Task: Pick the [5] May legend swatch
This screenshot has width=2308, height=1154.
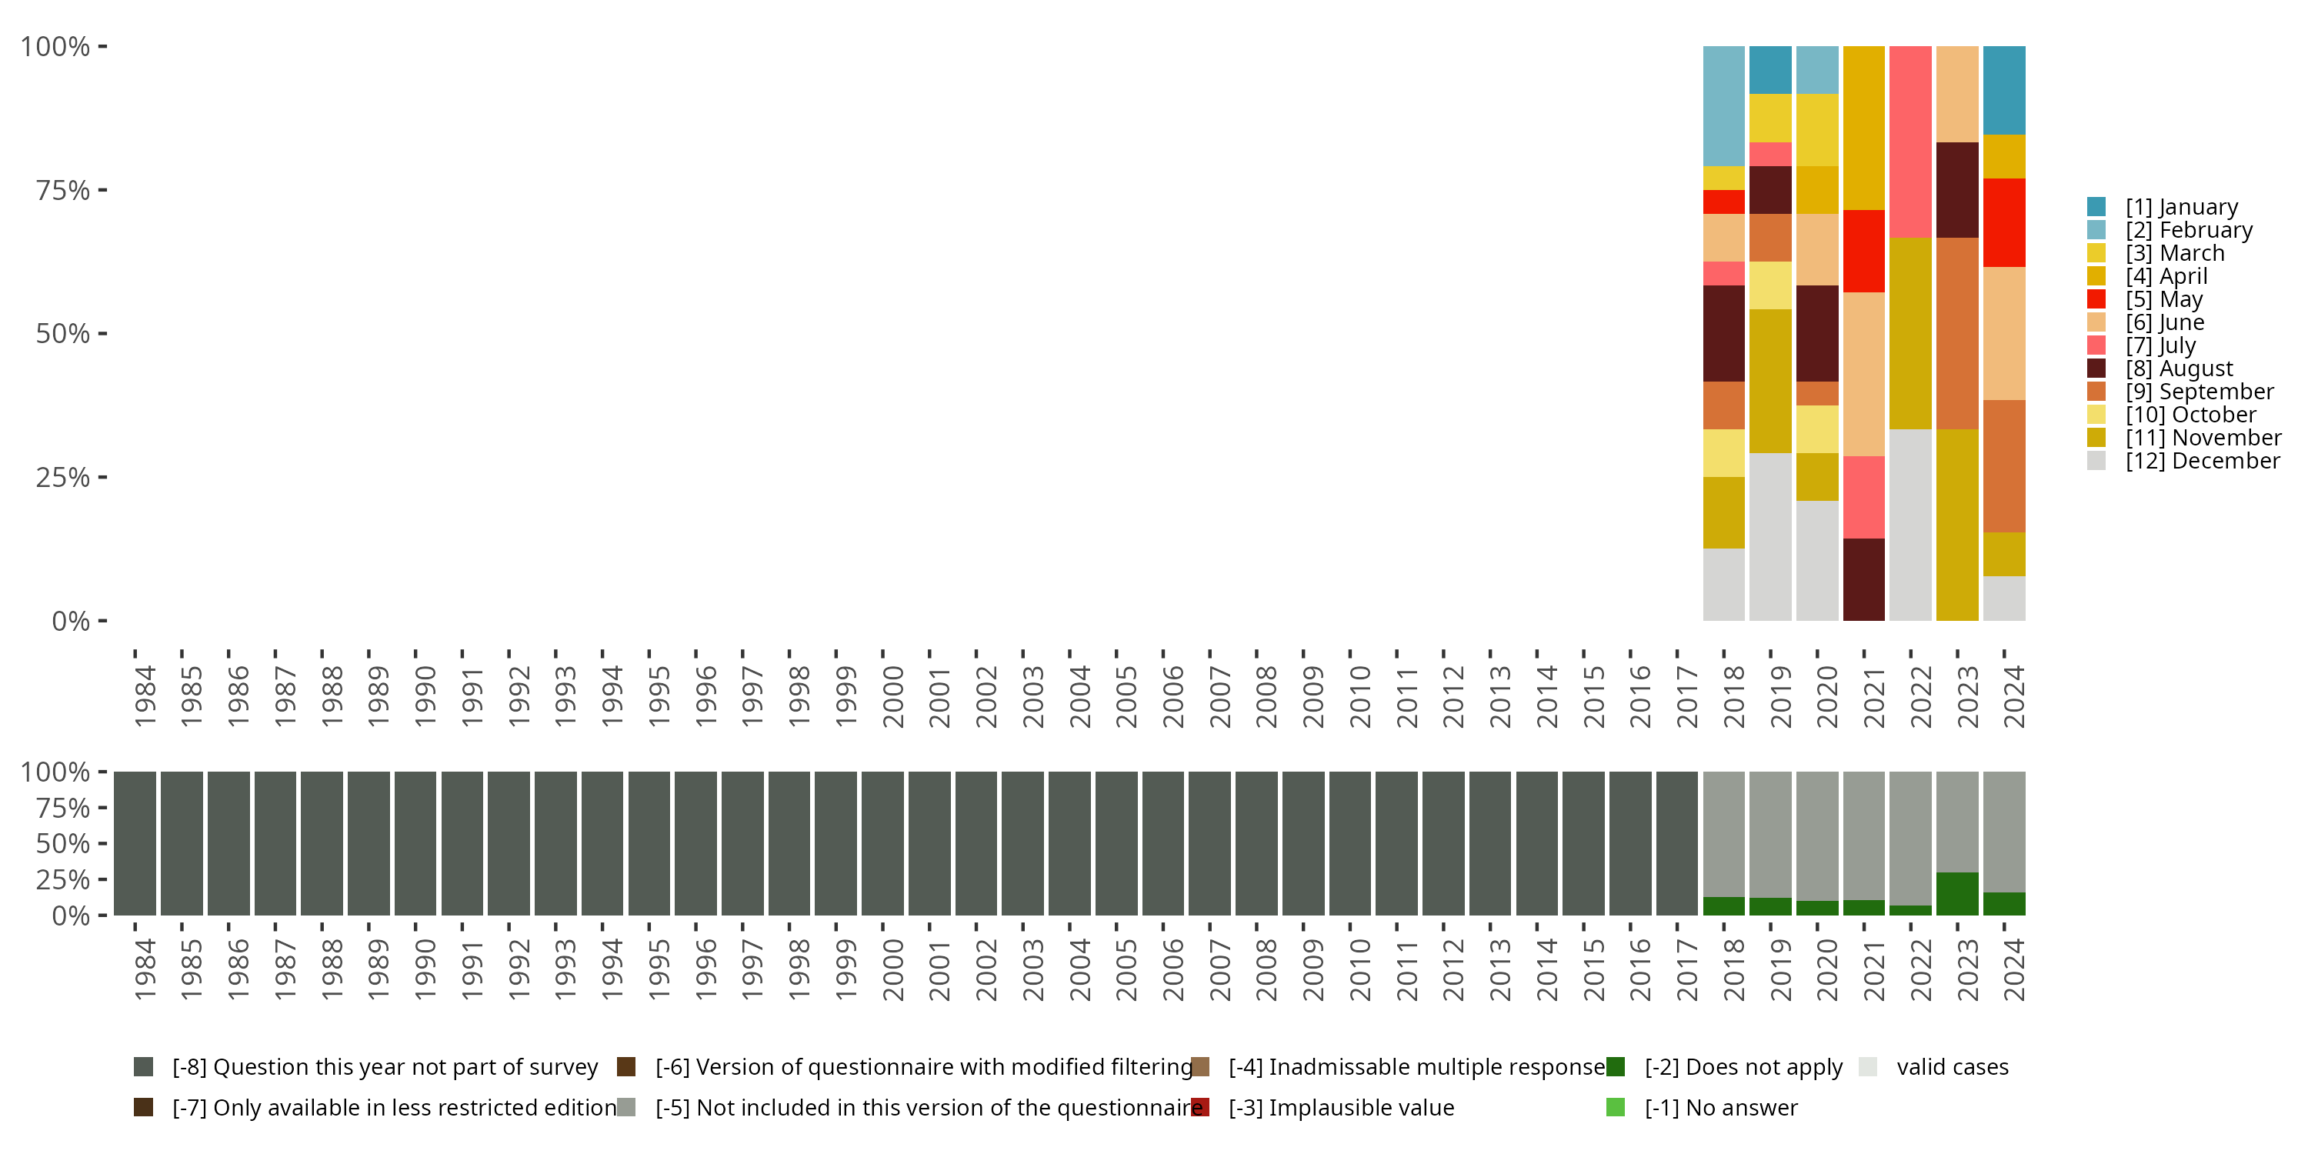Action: (x=2096, y=299)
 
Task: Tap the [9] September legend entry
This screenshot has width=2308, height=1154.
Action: (x=2199, y=392)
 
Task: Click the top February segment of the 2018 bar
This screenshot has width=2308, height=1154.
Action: (x=1723, y=105)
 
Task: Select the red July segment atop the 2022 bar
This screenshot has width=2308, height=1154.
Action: (x=1910, y=142)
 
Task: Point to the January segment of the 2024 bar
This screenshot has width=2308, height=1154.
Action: (x=2003, y=89)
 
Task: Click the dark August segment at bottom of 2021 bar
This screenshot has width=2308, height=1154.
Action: (x=1863, y=579)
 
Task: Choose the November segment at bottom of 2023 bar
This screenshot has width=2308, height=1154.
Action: (x=1956, y=524)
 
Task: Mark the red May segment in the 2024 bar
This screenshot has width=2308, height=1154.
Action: (x=2003, y=222)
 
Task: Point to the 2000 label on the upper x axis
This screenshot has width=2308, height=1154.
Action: (x=892, y=696)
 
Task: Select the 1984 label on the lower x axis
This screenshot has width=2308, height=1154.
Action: (x=145, y=969)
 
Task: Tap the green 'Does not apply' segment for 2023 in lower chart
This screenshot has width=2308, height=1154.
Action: (x=1956, y=893)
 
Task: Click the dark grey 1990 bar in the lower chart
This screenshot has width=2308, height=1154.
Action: (x=415, y=843)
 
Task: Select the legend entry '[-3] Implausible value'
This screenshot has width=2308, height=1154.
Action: (x=1340, y=1107)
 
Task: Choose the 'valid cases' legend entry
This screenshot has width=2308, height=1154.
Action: (x=1951, y=1067)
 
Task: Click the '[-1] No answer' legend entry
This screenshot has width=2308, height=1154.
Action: (x=1720, y=1107)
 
